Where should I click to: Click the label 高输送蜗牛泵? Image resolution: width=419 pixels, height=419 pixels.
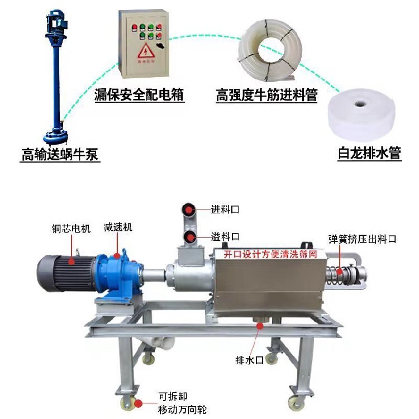click(60, 154)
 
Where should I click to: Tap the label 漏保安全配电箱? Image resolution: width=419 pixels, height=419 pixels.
click(139, 94)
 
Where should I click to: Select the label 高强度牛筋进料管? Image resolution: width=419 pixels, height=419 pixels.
click(266, 95)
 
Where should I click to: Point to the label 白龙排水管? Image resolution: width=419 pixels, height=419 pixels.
click(370, 153)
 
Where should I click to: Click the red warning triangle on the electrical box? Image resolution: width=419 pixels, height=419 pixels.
click(146, 51)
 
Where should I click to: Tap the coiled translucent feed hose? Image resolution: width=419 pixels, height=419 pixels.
click(270, 49)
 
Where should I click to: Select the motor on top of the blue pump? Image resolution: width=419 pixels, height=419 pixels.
click(57, 21)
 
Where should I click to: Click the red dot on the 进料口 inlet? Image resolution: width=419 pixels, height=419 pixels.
click(189, 209)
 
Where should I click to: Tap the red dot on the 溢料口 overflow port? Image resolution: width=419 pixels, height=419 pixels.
click(191, 237)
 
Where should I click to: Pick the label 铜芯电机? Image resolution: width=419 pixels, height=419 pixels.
click(71, 228)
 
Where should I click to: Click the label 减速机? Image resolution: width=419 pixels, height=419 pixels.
click(118, 227)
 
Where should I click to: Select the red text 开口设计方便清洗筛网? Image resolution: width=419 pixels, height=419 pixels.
click(270, 254)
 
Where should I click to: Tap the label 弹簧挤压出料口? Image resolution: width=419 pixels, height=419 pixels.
click(363, 239)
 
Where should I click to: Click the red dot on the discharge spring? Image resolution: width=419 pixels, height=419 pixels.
click(339, 272)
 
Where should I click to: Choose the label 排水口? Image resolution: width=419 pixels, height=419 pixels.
click(249, 360)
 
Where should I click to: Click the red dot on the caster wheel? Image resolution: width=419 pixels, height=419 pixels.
click(138, 403)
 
